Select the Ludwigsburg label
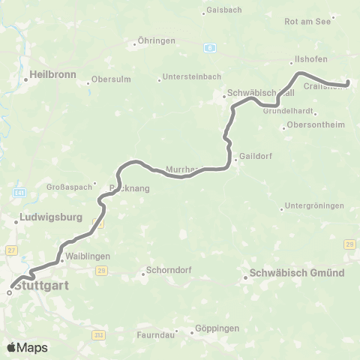coord(46,221)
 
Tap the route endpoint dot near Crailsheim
coord(348,83)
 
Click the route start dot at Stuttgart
coord(10,293)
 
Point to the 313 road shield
coord(98,335)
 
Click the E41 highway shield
coord(20,192)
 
